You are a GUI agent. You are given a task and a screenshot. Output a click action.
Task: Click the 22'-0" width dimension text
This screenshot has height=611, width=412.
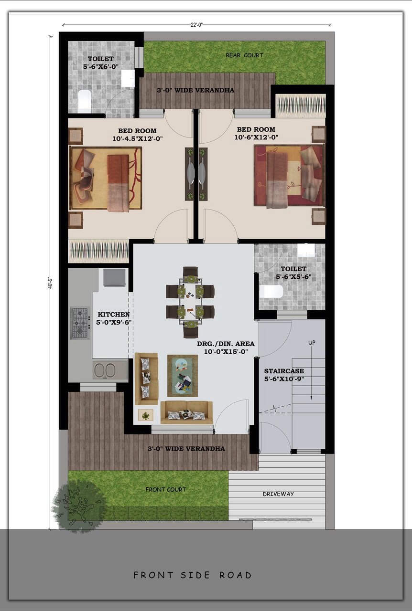pyautogui.click(x=196, y=25)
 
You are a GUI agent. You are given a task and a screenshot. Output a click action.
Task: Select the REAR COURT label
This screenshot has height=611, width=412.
pyautogui.click(x=244, y=55)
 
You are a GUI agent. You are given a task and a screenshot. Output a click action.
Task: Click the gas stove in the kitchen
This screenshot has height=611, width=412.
pyautogui.click(x=81, y=323)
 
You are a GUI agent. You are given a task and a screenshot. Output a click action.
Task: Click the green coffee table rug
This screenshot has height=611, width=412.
pyautogui.click(x=183, y=376)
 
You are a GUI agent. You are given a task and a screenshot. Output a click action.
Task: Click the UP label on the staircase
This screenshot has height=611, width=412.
pyautogui.click(x=312, y=343)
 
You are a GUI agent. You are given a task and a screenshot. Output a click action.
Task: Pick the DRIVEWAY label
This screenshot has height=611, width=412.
pyautogui.click(x=278, y=494)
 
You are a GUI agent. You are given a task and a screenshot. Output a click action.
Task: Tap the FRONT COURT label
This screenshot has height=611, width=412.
pyautogui.click(x=165, y=490)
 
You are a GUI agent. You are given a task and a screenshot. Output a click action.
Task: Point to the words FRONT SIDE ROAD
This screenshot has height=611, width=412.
pyautogui.click(x=192, y=575)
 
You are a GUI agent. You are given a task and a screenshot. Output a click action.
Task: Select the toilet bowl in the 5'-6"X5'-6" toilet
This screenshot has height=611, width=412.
pyautogui.click(x=271, y=291)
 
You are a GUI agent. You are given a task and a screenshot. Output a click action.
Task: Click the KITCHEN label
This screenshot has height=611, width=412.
pyautogui.click(x=114, y=315)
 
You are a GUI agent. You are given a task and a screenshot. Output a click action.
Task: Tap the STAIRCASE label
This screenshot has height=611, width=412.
pyautogui.click(x=284, y=371)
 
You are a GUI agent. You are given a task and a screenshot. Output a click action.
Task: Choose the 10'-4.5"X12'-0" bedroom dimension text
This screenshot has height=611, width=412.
pyautogui.click(x=138, y=138)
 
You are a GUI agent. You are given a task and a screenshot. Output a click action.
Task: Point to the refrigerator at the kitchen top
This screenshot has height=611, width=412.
pyautogui.click(x=115, y=278)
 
